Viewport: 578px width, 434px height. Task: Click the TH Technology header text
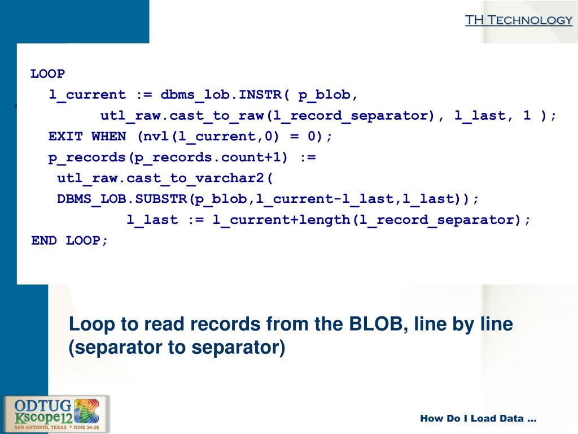click(x=518, y=20)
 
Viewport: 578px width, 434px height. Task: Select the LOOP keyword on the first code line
click(x=48, y=73)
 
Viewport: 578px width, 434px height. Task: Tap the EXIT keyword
click(x=65, y=136)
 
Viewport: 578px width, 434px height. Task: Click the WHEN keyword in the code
click(x=109, y=136)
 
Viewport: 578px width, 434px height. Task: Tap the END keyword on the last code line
click(x=44, y=240)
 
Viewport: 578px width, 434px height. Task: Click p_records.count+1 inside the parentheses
click(x=199, y=157)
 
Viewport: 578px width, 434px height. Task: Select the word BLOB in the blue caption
click(x=378, y=324)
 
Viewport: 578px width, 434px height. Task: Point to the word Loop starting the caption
click(x=90, y=324)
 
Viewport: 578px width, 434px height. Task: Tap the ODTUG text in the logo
click(x=41, y=405)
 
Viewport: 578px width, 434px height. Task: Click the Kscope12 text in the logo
click(x=42, y=417)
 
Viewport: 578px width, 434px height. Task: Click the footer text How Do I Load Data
click(x=478, y=419)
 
